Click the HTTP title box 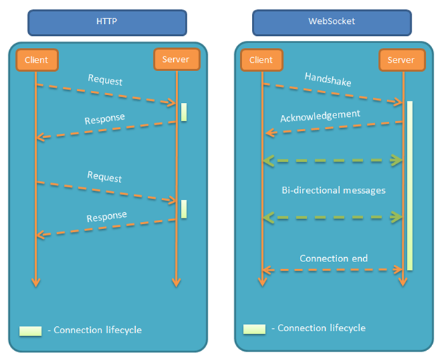tap(107, 22)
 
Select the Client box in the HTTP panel tap(36, 60)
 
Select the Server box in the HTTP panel tap(175, 60)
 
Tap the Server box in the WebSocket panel tap(401, 60)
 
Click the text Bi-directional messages tap(332, 190)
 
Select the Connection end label tap(333, 258)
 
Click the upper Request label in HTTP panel tap(105, 80)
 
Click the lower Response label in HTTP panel tap(106, 216)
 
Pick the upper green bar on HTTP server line tap(184, 112)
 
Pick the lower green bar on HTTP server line tap(184, 209)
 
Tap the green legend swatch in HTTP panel tap(31, 330)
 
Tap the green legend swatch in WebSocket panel tap(254, 329)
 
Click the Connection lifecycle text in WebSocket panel tap(322, 328)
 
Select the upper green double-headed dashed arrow tap(332, 161)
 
